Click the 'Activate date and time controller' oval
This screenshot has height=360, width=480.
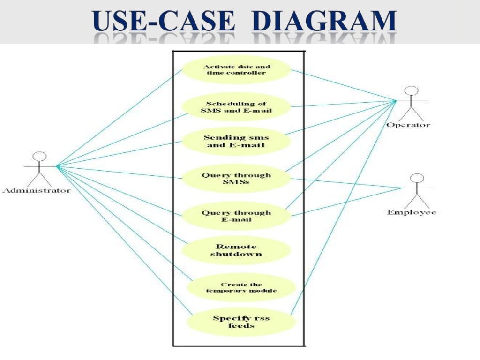click(x=236, y=70)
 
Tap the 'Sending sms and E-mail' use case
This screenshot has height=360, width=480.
click(x=236, y=141)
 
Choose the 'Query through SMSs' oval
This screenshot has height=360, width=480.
click(x=236, y=179)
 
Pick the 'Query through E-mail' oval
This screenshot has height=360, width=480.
click(x=236, y=216)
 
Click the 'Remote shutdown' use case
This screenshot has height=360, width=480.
click(x=236, y=250)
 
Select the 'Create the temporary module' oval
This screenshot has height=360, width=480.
click(x=241, y=287)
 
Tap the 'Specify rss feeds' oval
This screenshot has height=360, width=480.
click(x=241, y=322)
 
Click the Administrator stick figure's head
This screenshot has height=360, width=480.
click(x=41, y=157)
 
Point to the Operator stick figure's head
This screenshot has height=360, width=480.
click(x=411, y=91)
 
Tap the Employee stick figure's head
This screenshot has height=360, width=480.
click(x=417, y=178)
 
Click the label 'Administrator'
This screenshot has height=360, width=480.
click(x=37, y=190)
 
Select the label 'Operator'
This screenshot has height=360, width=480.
click(x=408, y=125)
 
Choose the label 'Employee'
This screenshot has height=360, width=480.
click(x=411, y=212)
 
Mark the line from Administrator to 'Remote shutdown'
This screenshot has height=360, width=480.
click(x=122, y=204)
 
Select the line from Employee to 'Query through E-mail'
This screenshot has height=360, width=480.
click(x=347, y=202)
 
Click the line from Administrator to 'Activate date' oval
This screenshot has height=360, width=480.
click(x=120, y=118)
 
